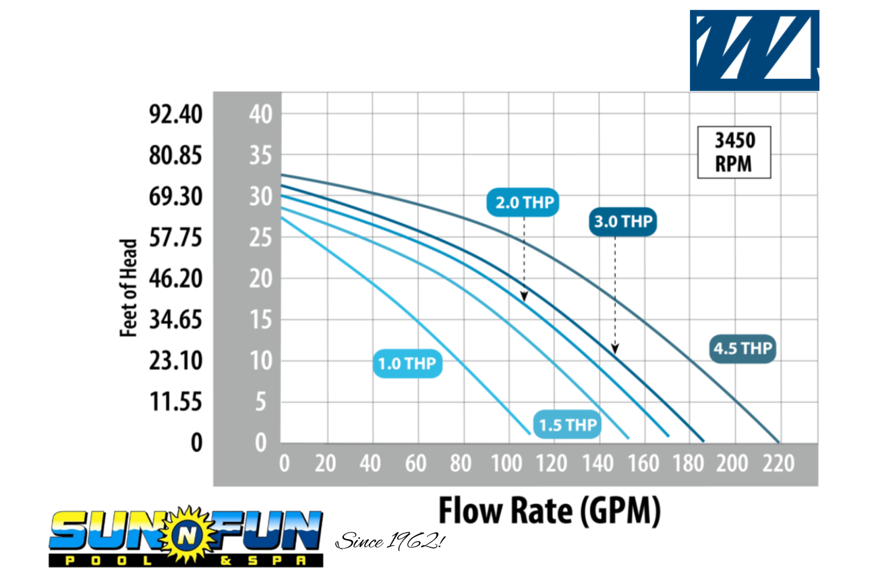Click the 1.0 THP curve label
click(x=407, y=364)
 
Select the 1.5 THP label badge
click(x=568, y=424)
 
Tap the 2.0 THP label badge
click(x=524, y=202)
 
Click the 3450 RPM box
click(x=734, y=152)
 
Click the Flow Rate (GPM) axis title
click(x=550, y=511)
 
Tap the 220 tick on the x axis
click(x=779, y=464)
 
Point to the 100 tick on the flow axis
click(x=508, y=464)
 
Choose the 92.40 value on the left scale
click(x=175, y=115)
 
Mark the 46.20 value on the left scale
click(x=175, y=279)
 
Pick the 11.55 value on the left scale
click(x=175, y=402)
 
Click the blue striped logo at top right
click(x=754, y=50)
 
